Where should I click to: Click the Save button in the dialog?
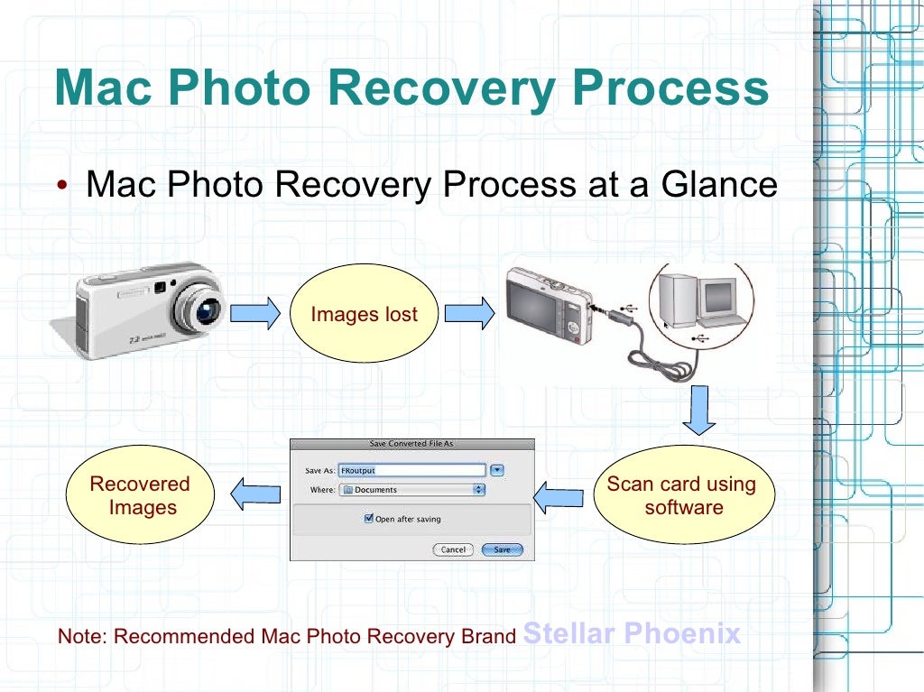pyautogui.click(x=502, y=549)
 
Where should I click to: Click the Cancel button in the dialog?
pyautogui.click(x=453, y=549)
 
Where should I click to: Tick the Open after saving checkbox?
pyautogui.click(x=368, y=519)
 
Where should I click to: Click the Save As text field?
pyautogui.click(x=411, y=470)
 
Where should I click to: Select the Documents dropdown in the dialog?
pyautogui.click(x=411, y=490)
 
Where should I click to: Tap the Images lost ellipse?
pyautogui.click(x=364, y=314)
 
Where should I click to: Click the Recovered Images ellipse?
pyautogui.click(x=140, y=495)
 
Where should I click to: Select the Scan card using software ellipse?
pyautogui.click(x=683, y=495)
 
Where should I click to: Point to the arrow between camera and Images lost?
pyautogui.click(x=255, y=313)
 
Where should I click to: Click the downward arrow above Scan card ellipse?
pyautogui.click(x=698, y=411)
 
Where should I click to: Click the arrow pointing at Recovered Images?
pyautogui.click(x=255, y=494)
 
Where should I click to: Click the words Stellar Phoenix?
pyautogui.click(x=632, y=633)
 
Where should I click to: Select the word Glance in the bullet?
pyautogui.click(x=719, y=184)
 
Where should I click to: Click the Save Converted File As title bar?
pyautogui.click(x=411, y=444)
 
